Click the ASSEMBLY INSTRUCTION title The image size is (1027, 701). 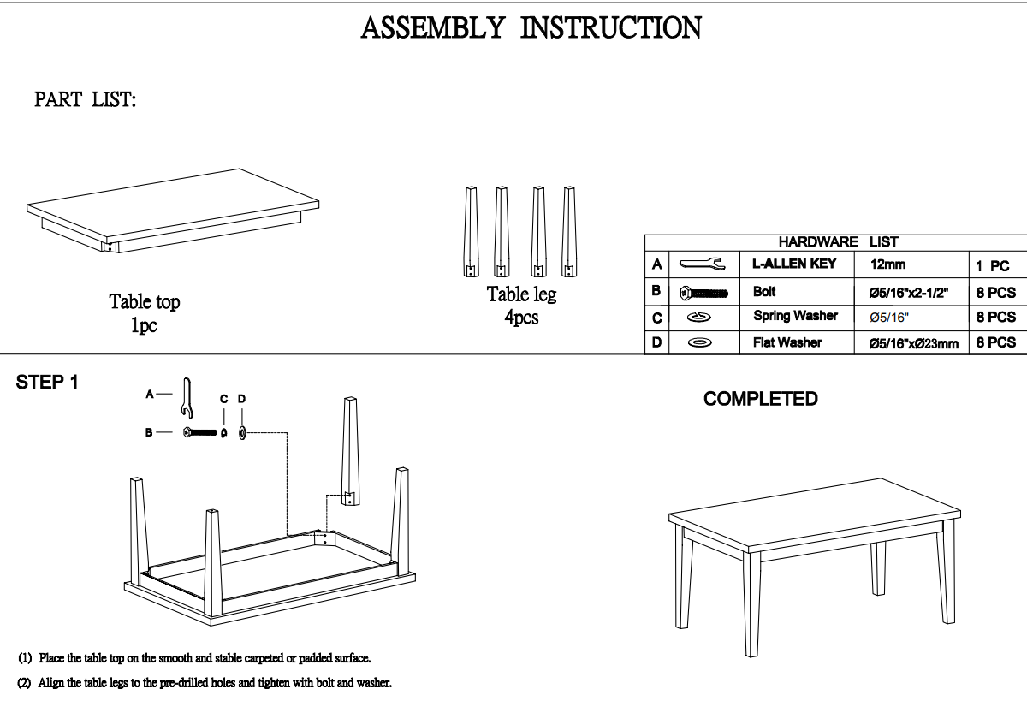pyautogui.click(x=531, y=27)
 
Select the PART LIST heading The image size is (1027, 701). pyautogui.click(x=86, y=100)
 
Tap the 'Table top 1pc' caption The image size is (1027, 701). pyautogui.click(x=144, y=313)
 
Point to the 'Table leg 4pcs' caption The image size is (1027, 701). pyautogui.click(x=521, y=306)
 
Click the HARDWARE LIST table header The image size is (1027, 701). pyautogui.click(x=837, y=242)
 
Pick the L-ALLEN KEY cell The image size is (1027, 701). pyautogui.click(x=793, y=264)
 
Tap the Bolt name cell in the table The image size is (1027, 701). pyautogui.click(x=764, y=292)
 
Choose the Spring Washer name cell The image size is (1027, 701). pyautogui.click(x=795, y=316)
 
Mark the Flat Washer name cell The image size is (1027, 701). pyautogui.click(x=787, y=342)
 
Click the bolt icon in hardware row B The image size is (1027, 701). pyautogui.click(x=703, y=293)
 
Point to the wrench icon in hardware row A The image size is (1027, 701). pyautogui.click(x=702, y=265)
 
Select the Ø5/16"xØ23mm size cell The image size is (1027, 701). pyautogui.click(x=913, y=343)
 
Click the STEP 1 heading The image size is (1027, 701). pyautogui.click(x=48, y=383)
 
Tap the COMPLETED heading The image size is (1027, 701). pyautogui.click(x=760, y=399)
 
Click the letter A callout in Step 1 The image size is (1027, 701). pyautogui.click(x=150, y=395)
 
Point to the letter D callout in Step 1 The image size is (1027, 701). pyautogui.click(x=241, y=399)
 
